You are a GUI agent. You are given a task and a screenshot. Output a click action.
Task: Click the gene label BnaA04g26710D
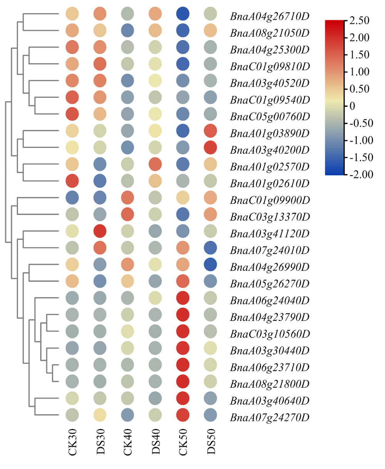point(270,17)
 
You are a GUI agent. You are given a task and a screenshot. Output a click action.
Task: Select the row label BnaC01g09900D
point(270,200)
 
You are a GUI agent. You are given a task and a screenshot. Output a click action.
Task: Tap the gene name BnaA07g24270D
point(270,418)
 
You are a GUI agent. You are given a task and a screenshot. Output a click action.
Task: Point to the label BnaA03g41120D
point(270,234)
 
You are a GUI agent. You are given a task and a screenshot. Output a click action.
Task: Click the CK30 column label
point(72,442)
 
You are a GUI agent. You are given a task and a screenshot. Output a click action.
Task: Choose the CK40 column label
point(128,442)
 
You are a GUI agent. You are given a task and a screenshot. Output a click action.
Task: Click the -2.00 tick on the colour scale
point(361,175)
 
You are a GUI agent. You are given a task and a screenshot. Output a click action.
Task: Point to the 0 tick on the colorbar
point(352,106)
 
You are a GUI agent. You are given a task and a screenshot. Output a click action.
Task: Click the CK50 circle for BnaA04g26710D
point(183,14)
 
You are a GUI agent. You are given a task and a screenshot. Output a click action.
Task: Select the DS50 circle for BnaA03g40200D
point(210,148)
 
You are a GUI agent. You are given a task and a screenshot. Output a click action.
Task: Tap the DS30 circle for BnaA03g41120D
point(100,231)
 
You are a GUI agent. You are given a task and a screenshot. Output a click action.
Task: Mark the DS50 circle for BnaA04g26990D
point(210,265)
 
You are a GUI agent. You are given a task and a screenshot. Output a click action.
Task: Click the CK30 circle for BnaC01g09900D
point(72,197)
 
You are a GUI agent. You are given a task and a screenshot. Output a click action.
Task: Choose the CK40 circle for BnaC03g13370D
point(127,214)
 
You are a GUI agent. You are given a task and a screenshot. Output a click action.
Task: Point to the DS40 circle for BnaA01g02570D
point(155,164)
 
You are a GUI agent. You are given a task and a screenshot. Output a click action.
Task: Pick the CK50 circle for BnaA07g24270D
point(183,415)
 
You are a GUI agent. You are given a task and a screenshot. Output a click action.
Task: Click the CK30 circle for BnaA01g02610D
point(72,181)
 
